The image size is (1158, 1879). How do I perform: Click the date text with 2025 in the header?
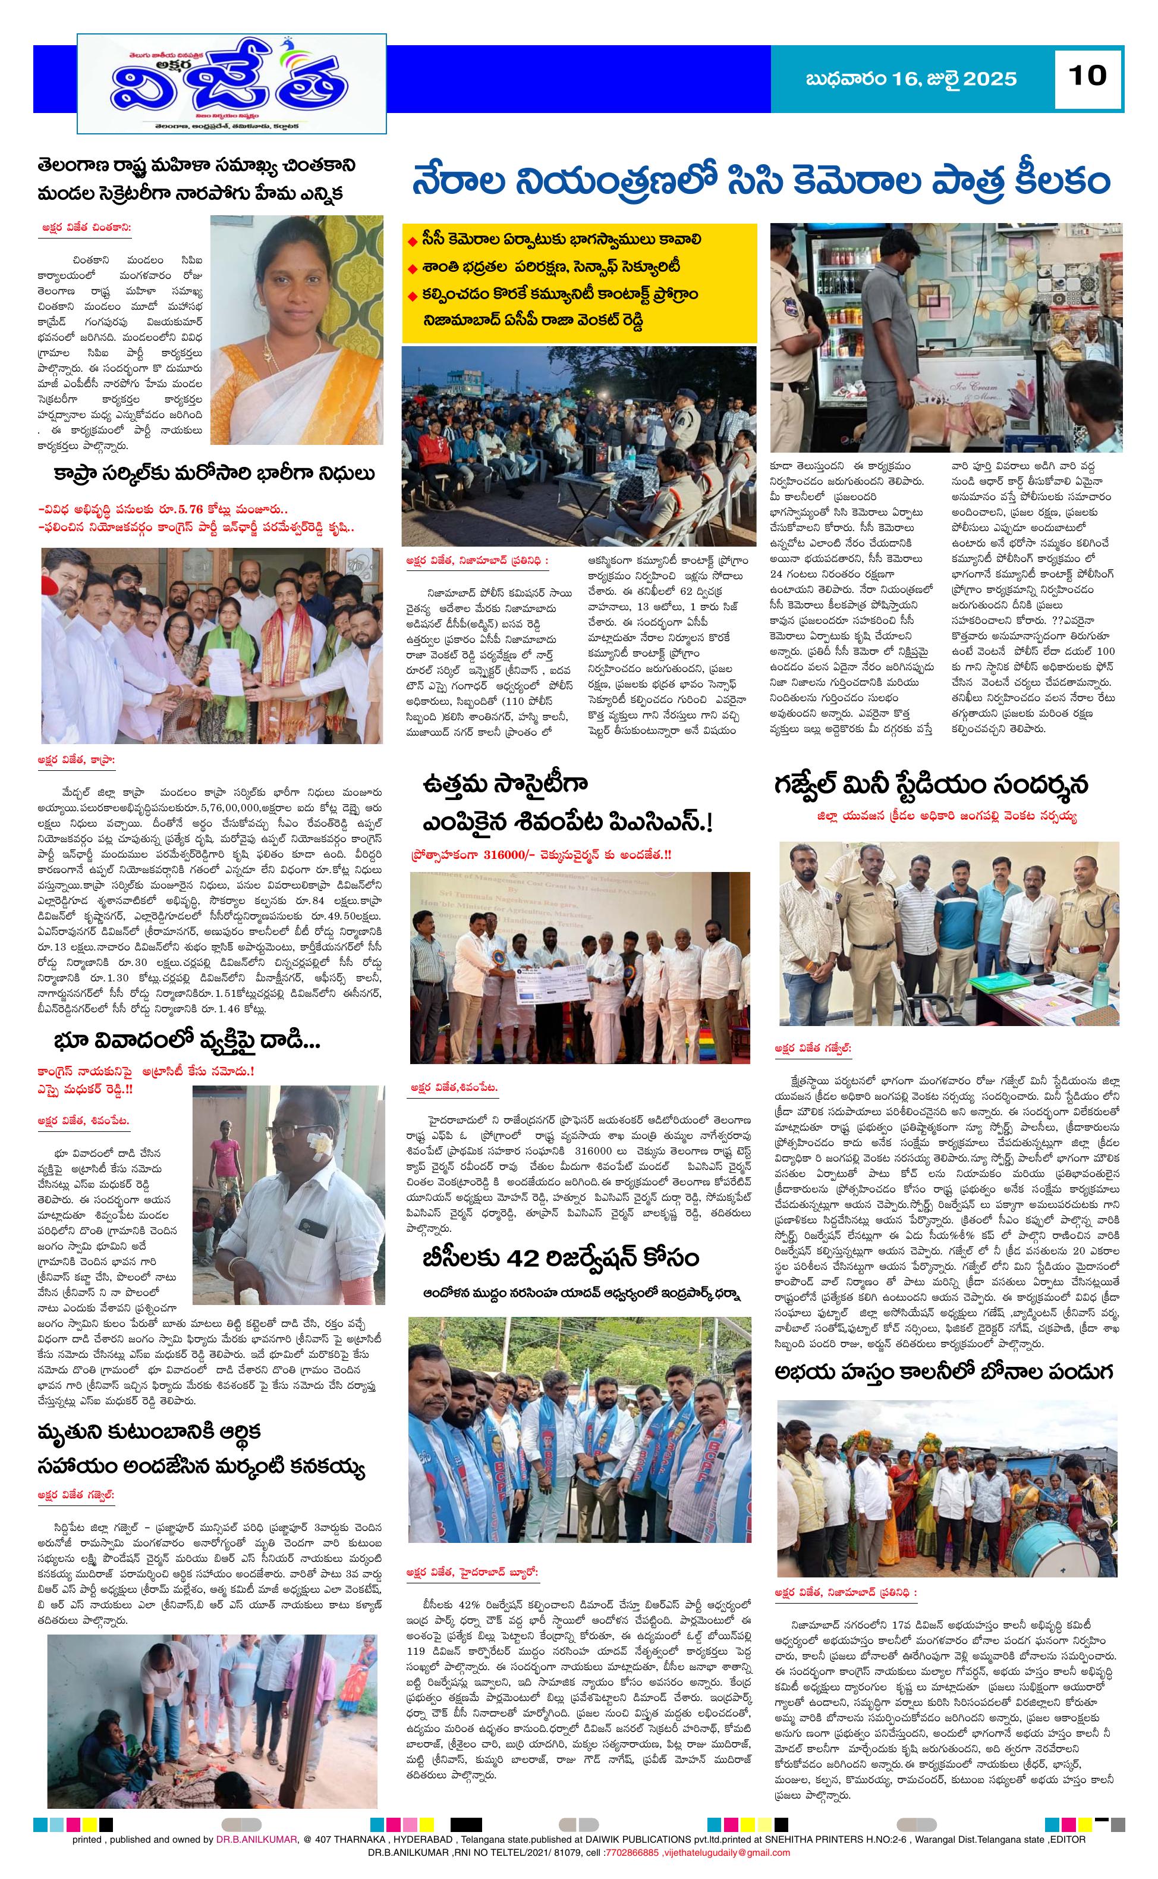911,79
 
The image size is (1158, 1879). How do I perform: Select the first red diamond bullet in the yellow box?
414,241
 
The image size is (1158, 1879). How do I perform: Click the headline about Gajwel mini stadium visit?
930,786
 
